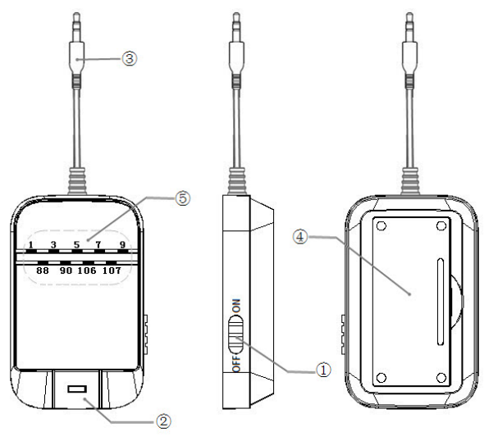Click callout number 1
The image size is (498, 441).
[x=323, y=370]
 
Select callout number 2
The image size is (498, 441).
[x=163, y=421]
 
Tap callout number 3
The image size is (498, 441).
[x=130, y=58]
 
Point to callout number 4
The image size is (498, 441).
[x=300, y=237]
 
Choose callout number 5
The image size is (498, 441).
[x=183, y=198]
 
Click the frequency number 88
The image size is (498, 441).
[x=43, y=271]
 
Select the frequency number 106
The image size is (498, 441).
[x=87, y=271]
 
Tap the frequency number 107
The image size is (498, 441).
[x=112, y=271]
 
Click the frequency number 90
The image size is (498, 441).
[x=66, y=271]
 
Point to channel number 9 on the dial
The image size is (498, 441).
[x=122, y=244]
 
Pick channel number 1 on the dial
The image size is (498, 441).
[x=30, y=245]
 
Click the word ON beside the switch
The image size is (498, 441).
[x=236, y=306]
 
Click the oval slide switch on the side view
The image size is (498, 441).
[x=235, y=334]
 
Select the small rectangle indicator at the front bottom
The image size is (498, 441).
[x=77, y=389]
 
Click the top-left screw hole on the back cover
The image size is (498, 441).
[x=381, y=226]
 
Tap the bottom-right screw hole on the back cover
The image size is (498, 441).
[x=441, y=378]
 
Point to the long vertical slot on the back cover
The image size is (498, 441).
[x=441, y=302]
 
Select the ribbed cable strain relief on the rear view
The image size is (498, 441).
[x=410, y=180]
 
